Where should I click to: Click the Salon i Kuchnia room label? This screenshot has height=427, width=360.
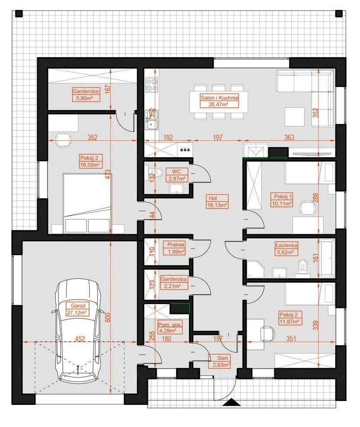tap(219, 101)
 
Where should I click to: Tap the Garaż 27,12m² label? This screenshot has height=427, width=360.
tap(78, 309)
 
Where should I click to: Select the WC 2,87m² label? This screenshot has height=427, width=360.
tap(177, 175)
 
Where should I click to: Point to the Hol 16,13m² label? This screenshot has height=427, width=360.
tap(217, 201)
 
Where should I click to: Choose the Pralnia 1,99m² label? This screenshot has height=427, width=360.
tap(176, 248)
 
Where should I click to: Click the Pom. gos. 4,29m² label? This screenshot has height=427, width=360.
tap(170, 327)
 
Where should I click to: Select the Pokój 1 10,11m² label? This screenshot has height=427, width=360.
tap(282, 200)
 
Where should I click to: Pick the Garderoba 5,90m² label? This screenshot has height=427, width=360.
tap(86, 94)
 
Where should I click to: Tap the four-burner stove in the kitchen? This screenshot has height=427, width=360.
tap(151, 84)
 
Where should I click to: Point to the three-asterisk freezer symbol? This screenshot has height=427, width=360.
tap(185, 150)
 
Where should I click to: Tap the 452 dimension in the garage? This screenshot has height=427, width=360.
tap(80, 339)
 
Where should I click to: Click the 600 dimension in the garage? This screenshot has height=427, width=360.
tap(108, 317)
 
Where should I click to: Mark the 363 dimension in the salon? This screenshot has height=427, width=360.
tap(289, 137)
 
